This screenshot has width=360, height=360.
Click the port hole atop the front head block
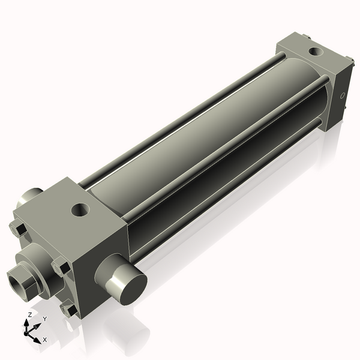point(80,210)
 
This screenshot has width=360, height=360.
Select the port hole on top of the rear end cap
point(314,51)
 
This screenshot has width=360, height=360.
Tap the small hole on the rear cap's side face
point(343,95)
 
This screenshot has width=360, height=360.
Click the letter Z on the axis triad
point(29,314)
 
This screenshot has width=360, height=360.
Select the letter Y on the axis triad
point(44,319)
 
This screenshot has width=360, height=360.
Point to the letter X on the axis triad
point(45,340)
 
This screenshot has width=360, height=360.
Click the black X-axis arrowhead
point(37,338)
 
